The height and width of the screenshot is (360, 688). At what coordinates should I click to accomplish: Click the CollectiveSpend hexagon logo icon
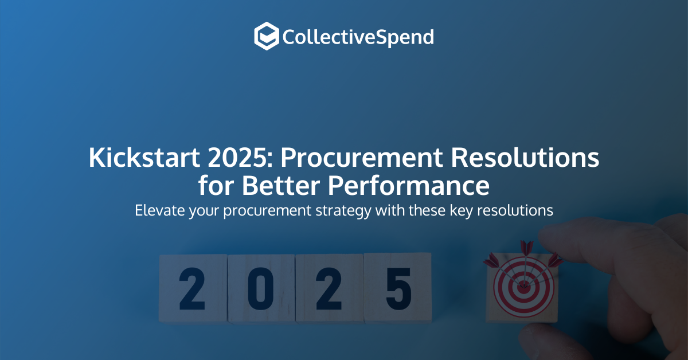tap(267, 36)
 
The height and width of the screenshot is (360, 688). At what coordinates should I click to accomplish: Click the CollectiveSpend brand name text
tap(358, 38)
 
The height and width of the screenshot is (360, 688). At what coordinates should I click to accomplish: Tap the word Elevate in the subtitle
tap(156, 210)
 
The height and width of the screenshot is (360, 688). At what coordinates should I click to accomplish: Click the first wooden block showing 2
tap(192, 288)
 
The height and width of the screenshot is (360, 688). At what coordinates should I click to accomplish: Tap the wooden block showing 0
tap(261, 288)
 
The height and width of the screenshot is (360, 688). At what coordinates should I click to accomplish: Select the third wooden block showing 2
tap(329, 288)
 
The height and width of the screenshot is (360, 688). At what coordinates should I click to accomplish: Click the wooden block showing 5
tap(398, 288)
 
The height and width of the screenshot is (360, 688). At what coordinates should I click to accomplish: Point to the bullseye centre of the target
tap(523, 287)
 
